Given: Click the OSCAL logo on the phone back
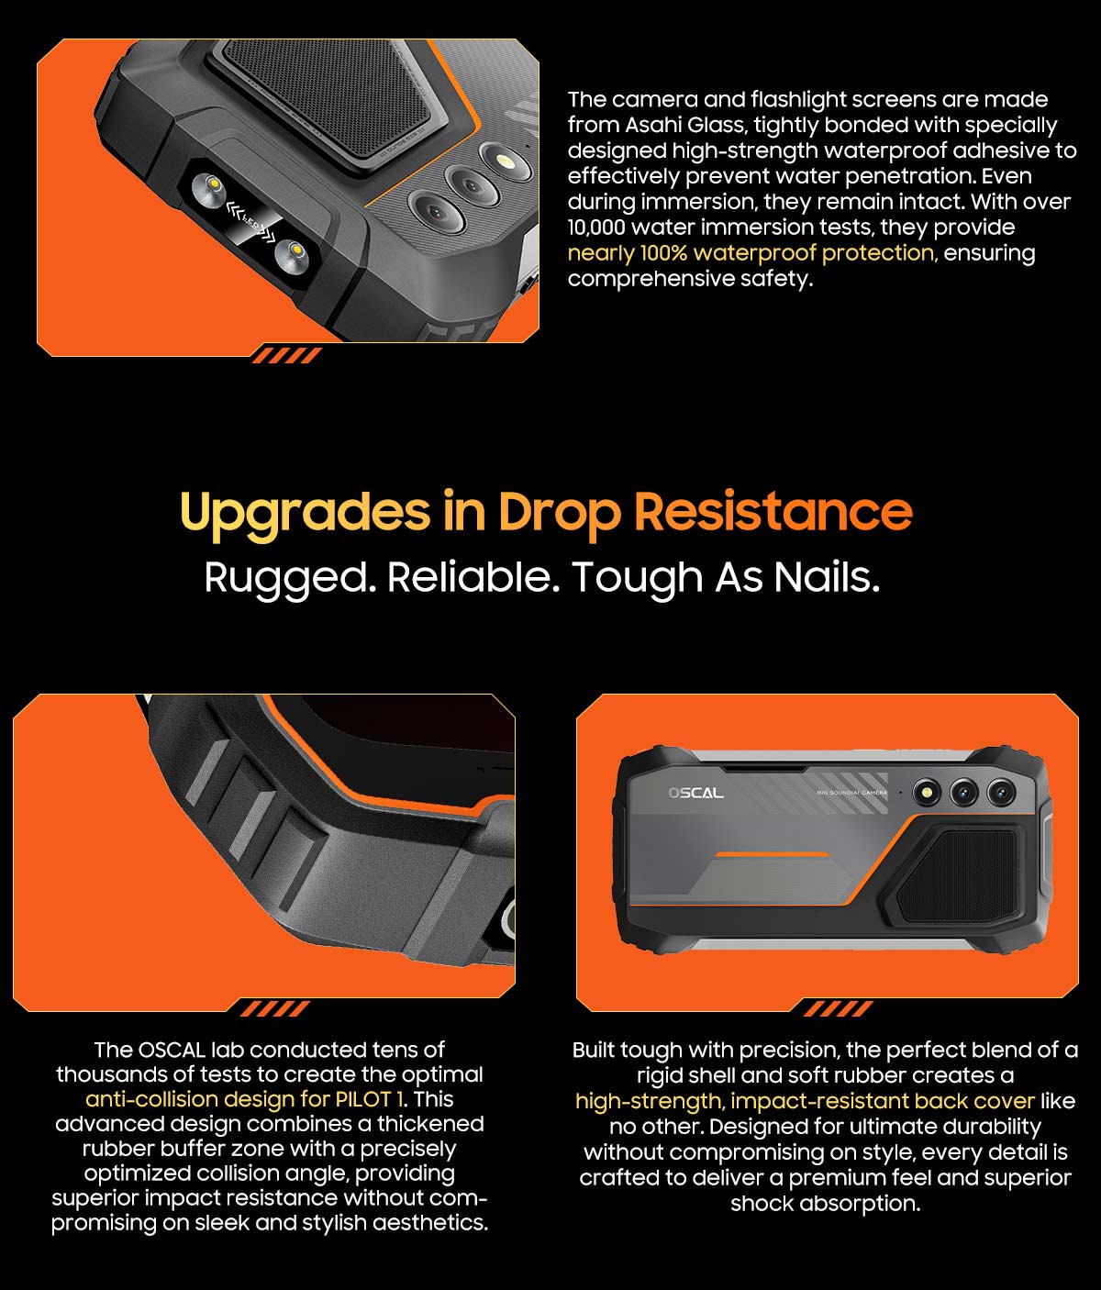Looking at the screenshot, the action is pyautogui.click(x=696, y=793).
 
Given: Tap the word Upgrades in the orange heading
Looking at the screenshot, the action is pyautogui.click(x=306, y=513).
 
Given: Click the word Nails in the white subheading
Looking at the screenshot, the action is pyautogui.click(x=827, y=577).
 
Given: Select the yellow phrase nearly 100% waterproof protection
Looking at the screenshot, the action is pyautogui.click(x=752, y=252).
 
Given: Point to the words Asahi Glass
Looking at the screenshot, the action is pyautogui.click(x=685, y=125).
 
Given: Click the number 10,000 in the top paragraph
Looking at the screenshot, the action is pyautogui.click(x=596, y=228).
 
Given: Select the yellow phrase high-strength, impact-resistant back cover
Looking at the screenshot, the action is pyautogui.click(x=805, y=1101).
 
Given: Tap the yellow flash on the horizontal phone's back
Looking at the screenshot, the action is pyautogui.click(x=927, y=793).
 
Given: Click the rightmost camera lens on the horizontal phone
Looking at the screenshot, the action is pyautogui.click(x=1001, y=793).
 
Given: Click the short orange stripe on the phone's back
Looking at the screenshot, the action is pyautogui.click(x=772, y=854).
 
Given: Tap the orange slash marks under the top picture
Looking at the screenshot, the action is pyautogui.click(x=286, y=355).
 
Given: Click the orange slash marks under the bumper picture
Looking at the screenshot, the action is pyautogui.click(x=274, y=1008).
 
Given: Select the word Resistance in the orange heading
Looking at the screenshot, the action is pyautogui.click(x=773, y=512).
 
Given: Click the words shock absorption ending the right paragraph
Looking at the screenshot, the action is pyautogui.click(x=825, y=1203).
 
